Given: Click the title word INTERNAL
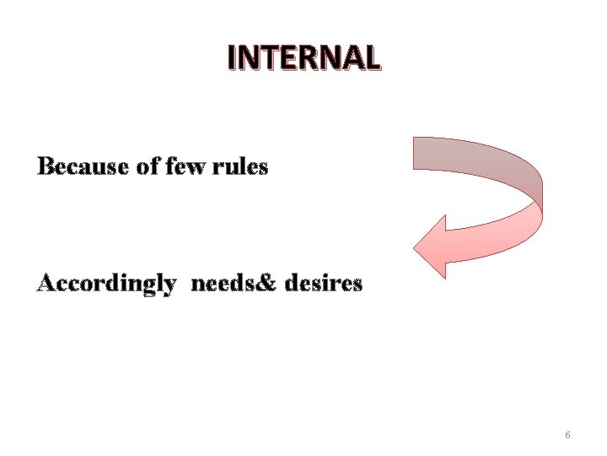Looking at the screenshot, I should pyautogui.click(x=303, y=57).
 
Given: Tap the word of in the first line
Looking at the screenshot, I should pyautogui.click(x=148, y=167).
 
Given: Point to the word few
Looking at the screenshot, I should pyautogui.click(x=186, y=167).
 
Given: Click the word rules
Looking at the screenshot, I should pyautogui.click(x=241, y=167).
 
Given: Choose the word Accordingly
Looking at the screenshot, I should pyautogui.click(x=107, y=284).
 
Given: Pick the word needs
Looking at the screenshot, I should pyautogui.click(x=221, y=284).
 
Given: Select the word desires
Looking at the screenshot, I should pyautogui.click(x=324, y=284).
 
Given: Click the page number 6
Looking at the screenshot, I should pyautogui.click(x=567, y=435).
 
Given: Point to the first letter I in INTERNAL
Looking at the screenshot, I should pyautogui.click(x=232, y=57).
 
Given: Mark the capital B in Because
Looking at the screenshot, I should pyautogui.click(x=46, y=167).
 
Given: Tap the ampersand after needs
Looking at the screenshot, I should pyautogui.click(x=270, y=284).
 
